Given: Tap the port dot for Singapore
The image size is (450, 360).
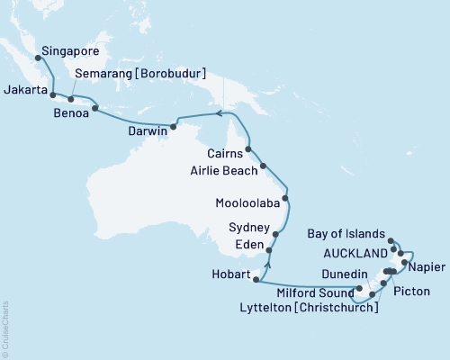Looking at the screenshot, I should click(x=37, y=58).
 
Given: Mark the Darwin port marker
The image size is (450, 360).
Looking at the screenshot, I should click(x=174, y=125).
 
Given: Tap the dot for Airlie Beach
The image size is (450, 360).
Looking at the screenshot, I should click(x=263, y=166).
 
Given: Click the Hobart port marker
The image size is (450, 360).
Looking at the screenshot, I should click(x=256, y=281).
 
